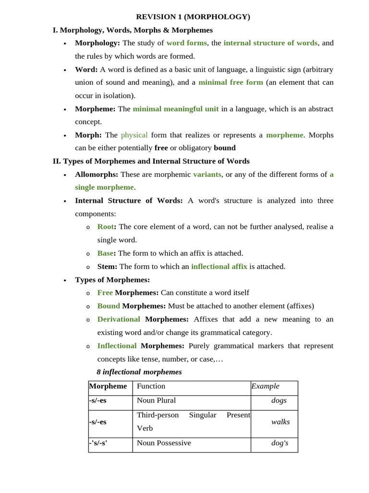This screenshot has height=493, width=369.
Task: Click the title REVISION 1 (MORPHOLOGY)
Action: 193,17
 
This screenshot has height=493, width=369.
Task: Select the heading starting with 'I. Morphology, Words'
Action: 133,30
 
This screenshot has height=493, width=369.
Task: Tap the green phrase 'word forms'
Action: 186,43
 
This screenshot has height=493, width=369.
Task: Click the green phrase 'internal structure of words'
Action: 271,43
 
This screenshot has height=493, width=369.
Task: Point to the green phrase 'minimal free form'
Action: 231,82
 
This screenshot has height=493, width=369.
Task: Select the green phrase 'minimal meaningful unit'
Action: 175,109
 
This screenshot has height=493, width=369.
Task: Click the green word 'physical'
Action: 134,135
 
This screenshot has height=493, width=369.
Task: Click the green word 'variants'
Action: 207,174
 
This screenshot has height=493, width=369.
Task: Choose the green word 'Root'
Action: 106,227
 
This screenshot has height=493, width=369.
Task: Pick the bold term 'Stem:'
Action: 107,266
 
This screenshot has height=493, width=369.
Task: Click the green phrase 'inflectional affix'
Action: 219,266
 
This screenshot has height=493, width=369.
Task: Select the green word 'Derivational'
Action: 119,319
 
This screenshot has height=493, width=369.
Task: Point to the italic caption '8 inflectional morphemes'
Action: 139,372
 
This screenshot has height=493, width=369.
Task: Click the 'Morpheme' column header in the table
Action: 108,386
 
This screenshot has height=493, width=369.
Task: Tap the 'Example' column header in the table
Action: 265,386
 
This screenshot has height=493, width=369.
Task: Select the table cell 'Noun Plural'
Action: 156,401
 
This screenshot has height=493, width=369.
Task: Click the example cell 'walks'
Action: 281,422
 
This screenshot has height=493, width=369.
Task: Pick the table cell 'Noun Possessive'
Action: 164,443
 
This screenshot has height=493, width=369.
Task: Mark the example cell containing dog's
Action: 280,443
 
